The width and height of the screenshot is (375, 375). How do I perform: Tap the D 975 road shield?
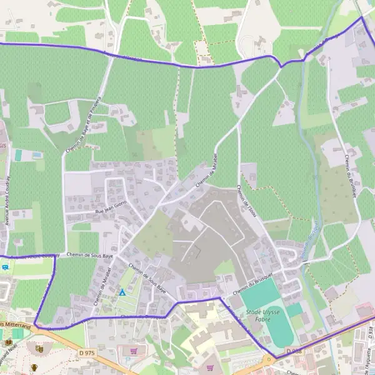click(x=87, y=353)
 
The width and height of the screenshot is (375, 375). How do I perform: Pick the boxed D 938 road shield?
click(x=294, y=352)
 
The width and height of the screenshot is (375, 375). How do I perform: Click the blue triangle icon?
click(x=122, y=292)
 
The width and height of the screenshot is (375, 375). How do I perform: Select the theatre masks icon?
click(x=39, y=349)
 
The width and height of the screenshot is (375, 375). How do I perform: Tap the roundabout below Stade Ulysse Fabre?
click(x=269, y=359)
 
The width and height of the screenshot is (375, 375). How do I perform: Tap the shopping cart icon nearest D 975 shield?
click(x=133, y=351)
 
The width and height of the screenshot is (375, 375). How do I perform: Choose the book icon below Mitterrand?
click(x=8, y=341)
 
